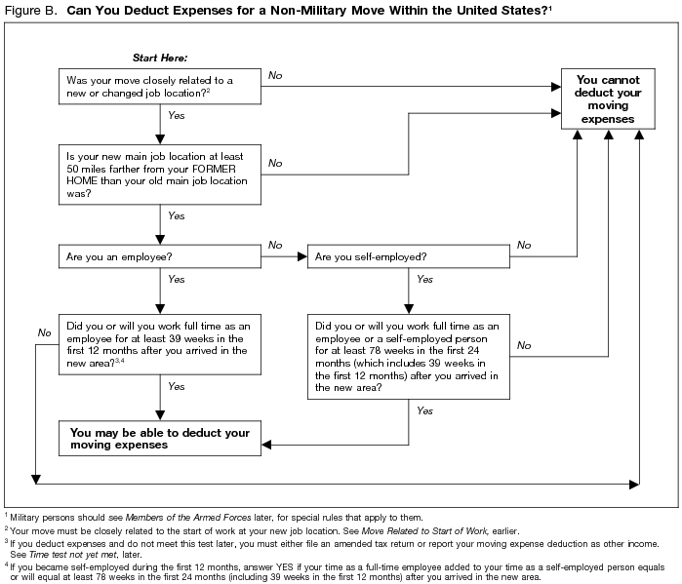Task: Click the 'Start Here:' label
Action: tap(158, 58)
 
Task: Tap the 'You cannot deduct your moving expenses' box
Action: tap(608, 99)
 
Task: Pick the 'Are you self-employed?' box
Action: tap(409, 259)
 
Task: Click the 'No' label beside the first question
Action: tap(275, 75)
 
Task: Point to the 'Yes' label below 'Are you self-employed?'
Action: tap(424, 279)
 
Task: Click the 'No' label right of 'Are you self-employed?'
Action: tap(524, 245)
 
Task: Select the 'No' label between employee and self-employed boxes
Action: tap(275, 245)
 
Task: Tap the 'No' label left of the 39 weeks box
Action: tap(44, 333)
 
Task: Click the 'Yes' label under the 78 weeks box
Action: tap(424, 411)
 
